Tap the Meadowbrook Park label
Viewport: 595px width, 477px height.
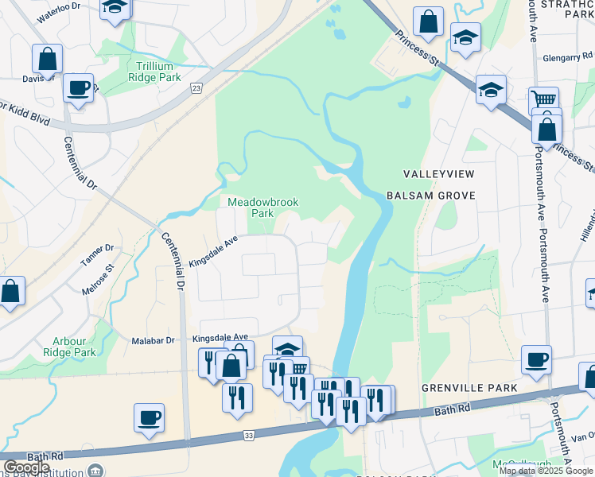point(263,207)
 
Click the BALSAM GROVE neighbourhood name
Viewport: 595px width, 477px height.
point(430,195)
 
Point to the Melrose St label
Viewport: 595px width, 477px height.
point(99,281)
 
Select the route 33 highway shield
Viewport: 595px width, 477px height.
point(248,436)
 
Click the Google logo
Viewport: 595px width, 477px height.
point(26,467)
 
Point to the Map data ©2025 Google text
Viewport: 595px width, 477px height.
point(546,471)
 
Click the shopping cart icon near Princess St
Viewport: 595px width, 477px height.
point(543,99)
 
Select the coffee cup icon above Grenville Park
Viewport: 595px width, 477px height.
point(537,359)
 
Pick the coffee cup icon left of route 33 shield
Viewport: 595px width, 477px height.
point(149,417)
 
